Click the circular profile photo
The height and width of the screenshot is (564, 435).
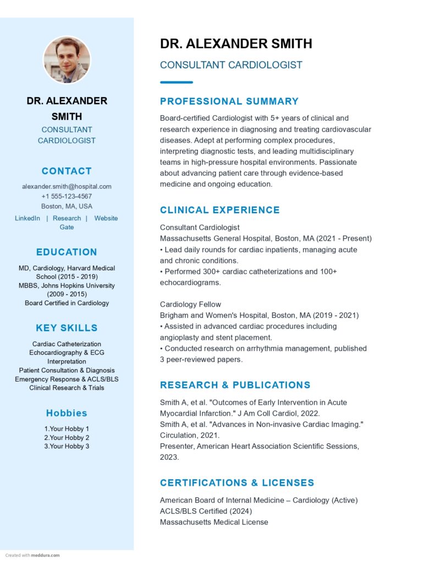(x=67, y=60)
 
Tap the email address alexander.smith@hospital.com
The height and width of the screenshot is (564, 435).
(x=67, y=186)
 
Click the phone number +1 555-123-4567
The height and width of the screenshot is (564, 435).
(x=67, y=196)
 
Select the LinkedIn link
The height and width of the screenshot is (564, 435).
(x=27, y=218)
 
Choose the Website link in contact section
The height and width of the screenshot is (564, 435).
(x=106, y=218)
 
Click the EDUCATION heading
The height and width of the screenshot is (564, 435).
(x=67, y=252)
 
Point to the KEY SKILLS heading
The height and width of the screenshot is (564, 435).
(x=67, y=328)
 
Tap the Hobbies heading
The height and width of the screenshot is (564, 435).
(x=67, y=413)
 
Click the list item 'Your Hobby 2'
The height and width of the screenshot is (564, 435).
(x=67, y=437)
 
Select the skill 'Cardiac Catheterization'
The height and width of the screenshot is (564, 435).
(x=67, y=344)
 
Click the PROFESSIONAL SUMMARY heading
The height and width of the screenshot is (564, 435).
(x=229, y=101)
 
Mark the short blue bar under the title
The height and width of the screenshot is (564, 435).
(x=176, y=82)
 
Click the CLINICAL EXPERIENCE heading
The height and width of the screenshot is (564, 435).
(x=220, y=210)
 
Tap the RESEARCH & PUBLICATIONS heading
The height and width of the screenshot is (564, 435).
(x=235, y=385)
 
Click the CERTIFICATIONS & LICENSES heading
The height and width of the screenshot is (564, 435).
(x=237, y=482)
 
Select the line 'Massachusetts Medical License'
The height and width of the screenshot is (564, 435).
(x=214, y=522)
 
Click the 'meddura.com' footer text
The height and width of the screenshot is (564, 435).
(x=45, y=555)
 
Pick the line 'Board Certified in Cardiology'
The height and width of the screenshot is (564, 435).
(x=67, y=303)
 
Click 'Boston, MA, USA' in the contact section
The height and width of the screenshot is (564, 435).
(x=67, y=206)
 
